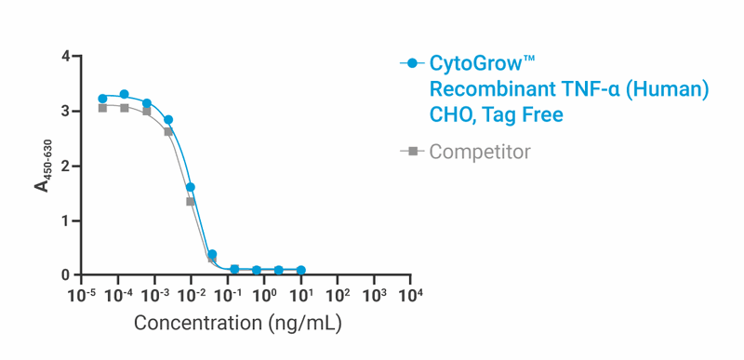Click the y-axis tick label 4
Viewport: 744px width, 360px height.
click(x=66, y=57)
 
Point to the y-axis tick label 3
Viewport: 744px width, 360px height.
click(x=66, y=112)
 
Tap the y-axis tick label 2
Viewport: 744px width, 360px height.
click(x=66, y=167)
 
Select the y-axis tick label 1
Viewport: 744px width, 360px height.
click(x=66, y=221)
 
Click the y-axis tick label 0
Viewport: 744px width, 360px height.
click(x=66, y=275)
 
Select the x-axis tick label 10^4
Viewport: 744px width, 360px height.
click(x=410, y=296)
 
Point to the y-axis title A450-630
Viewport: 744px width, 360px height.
click(x=43, y=167)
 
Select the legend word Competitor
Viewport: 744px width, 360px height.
click(x=480, y=151)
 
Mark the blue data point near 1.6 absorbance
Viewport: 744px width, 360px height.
click(x=191, y=187)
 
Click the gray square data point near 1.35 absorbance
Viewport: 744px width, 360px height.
click(x=191, y=201)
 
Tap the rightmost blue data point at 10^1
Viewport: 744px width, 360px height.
click(x=300, y=270)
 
